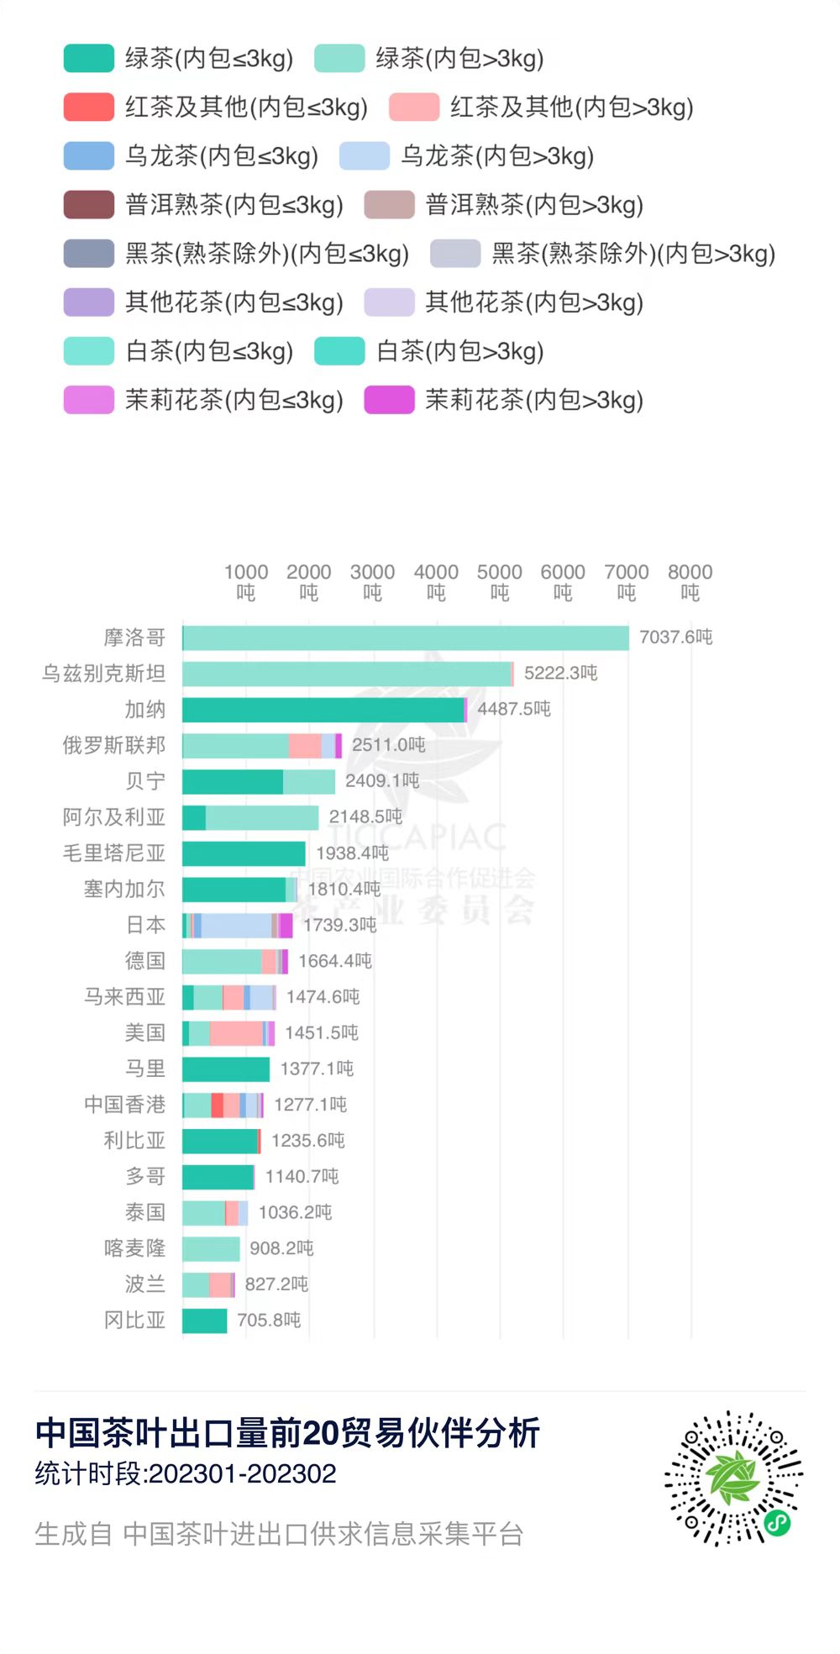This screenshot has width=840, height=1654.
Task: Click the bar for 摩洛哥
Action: (x=406, y=638)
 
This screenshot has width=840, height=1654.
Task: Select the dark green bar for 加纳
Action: (x=323, y=710)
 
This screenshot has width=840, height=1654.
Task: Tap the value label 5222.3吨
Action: (x=560, y=673)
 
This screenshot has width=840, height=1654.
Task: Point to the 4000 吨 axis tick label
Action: (x=436, y=581)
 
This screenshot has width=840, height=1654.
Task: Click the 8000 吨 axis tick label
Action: (x=690, y=581)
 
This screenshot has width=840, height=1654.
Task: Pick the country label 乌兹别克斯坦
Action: (x=104, y=674)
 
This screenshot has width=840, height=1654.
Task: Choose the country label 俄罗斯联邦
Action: (x=114, y=745)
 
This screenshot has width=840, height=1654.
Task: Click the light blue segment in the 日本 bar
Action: (x=236, y=926)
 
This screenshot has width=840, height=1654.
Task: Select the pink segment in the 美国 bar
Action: (x=236, y=1033)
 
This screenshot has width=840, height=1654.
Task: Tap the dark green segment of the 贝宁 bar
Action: (x=233, y=782)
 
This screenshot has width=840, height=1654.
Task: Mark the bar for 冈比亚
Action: (x=205, y=1321)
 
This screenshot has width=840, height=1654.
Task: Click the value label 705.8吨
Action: (x=269, y=1320)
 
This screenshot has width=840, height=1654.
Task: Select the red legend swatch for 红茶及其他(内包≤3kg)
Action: (x=89, y=108)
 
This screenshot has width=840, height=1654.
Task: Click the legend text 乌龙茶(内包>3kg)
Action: (x=497, y=156)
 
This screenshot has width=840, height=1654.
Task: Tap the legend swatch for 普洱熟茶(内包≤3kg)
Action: (x=89, y=205)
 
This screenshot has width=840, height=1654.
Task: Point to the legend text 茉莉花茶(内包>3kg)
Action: (x=534, y=400)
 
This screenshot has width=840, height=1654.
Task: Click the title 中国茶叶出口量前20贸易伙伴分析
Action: (x=287, y=1433)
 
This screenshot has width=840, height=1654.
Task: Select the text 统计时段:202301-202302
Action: (x=186, y=1473)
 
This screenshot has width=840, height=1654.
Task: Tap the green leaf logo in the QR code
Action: (x=733, y=1478)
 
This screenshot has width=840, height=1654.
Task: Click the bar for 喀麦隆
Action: (x=211, y=1249)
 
